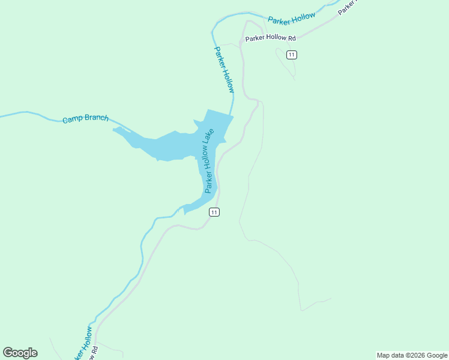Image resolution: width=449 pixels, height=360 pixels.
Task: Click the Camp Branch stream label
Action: [85, 118]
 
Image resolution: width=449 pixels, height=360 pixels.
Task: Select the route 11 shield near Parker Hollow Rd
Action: [292, 55]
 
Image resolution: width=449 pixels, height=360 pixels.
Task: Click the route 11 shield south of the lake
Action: [214, 212]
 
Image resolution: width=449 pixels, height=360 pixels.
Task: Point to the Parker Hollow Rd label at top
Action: [271, 38]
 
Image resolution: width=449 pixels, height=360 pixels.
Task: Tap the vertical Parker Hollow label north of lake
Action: [224, 69]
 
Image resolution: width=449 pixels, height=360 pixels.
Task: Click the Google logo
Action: [20, 352]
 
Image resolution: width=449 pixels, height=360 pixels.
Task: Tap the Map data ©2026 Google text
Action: [412, 355]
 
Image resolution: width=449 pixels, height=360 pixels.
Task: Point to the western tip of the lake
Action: [113, 128]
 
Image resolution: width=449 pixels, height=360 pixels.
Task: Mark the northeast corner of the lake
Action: [233, 116]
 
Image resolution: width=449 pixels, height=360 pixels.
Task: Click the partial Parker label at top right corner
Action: [347, 7]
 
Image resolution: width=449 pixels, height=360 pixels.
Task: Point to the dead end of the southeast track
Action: [330, 299]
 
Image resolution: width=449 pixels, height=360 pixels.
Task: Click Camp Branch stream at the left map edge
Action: [2, 115]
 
